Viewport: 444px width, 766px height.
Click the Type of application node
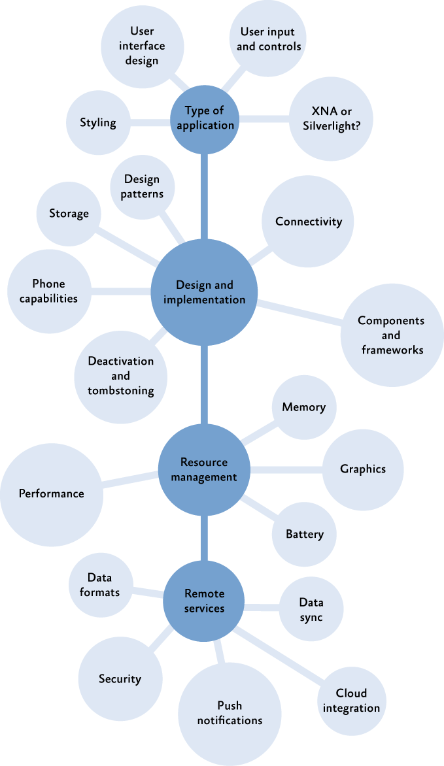tap(205, 118)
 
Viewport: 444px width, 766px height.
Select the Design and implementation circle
tap(205, 293)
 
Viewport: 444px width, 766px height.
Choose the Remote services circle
tap(204, 601)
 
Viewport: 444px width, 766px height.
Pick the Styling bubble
tap(98, 122)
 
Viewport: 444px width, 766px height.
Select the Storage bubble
tap(69, 214)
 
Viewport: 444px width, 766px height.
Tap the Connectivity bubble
tap(308, 222)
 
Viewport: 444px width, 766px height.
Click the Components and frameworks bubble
tap(391, 335)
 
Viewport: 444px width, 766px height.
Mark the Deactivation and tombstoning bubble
tap(121, 376)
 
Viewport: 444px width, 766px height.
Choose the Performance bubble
tap(52, 493)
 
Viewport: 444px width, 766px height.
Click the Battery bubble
tap(304, 534)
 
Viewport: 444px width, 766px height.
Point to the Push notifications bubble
tap(230, 713)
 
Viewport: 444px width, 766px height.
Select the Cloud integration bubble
tap(351, 701)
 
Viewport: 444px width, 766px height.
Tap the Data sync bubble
tap(311, 609)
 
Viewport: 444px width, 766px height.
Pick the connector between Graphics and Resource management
tap(288, 469)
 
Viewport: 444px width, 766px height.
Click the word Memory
tap(303, 407)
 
